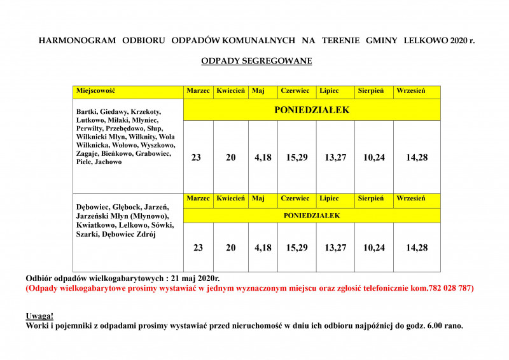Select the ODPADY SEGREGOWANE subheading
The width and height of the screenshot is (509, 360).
click(x=256, y=62)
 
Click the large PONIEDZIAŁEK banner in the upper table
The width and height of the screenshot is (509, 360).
click(x=312, y=110)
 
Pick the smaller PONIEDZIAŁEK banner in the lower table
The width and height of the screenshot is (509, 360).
click(x=312, y=216)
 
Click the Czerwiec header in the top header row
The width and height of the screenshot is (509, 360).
click(x=295, y=91)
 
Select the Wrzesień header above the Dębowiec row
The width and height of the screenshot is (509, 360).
click(x=410, y=198)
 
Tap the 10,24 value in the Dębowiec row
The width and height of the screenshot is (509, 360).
click(x=373, y=248)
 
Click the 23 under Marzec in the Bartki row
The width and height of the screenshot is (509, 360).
click(x=196, y=157)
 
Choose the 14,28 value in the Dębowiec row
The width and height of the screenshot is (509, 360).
click(x=417, y=248)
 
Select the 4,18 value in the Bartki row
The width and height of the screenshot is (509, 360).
click(x=263, y=157)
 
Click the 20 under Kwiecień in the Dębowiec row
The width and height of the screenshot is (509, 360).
click(x=230, y=248)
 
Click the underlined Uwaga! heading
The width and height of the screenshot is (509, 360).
click(x=39, y=316)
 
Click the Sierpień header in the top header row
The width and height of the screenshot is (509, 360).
click(x=370, y=91)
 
